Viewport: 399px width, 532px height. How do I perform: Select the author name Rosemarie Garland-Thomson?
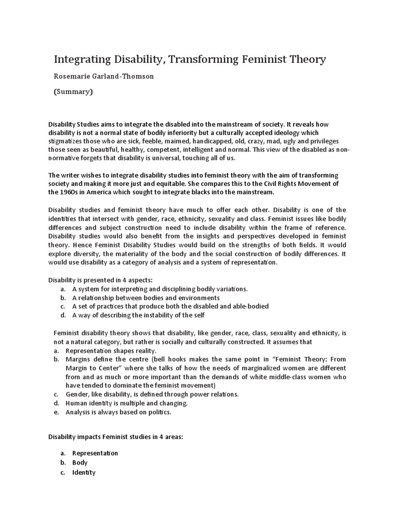coord(104,77)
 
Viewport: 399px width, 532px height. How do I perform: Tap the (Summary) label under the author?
coord(73,92)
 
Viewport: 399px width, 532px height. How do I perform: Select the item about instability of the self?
coord(138,315)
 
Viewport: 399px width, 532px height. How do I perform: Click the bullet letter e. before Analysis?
coord(56,413)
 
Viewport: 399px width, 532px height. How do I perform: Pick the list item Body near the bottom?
coord(80,462)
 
